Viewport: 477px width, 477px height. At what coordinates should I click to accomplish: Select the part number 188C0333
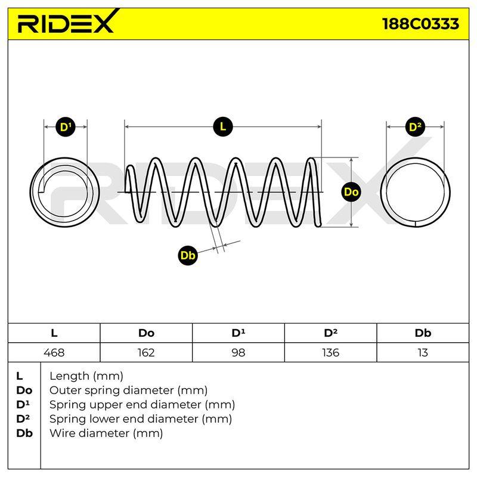[421, 24]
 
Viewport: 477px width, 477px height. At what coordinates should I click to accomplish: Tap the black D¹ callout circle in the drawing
[66, 126]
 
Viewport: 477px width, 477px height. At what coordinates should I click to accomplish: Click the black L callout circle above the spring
[223, 126]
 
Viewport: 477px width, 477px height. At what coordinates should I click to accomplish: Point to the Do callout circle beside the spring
[351, 192]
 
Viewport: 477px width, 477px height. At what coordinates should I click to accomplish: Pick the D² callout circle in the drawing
[415, 126]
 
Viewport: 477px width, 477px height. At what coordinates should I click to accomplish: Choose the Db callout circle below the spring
[188, 255]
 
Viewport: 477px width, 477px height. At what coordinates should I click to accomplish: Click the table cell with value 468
[54, 352]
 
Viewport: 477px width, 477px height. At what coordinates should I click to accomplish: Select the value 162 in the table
[146, 352]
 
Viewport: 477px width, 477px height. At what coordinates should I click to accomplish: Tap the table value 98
[238, 352]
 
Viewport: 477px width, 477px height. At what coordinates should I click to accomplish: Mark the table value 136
[330, 352]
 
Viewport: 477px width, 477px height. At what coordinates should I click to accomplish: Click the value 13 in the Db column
[423, 352]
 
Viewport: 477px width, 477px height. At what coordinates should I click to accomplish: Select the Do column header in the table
[146, 333]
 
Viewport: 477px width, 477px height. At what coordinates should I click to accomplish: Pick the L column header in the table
[54, 333]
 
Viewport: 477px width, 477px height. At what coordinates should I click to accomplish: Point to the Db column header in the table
[423, 333]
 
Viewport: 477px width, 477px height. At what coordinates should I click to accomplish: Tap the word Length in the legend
[69, 377]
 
